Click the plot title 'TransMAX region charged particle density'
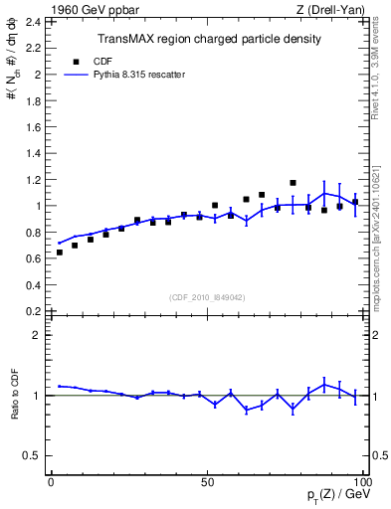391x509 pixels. [208, 39]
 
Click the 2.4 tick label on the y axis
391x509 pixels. [34, 21]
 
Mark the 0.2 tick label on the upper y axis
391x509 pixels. [34, 311]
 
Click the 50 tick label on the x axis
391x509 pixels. [207, 481]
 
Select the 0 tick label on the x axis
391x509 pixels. [51, 481]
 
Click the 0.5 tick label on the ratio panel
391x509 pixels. [34, 455]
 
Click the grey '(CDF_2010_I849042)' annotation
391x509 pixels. [208, 295]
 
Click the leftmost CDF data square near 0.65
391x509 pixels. [59, 253]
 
